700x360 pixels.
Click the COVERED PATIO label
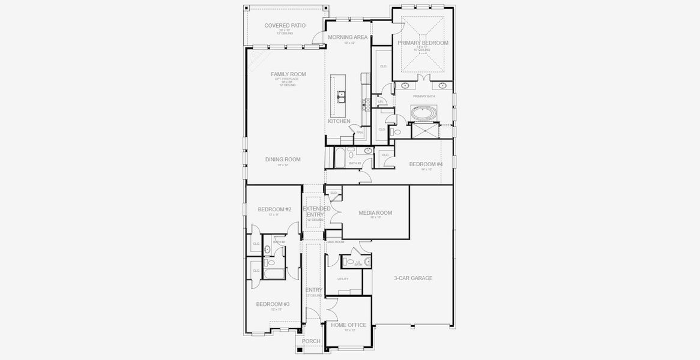285,26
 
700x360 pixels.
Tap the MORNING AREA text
348,37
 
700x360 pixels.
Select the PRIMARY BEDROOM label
423,43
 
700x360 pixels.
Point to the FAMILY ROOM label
288,74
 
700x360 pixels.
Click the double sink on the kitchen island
341,95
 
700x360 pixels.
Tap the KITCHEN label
339,121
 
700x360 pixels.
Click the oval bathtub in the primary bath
423,112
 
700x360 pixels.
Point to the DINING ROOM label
283,160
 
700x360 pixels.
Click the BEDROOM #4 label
426,164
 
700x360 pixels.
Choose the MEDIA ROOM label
375,213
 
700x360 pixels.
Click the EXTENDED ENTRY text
313,211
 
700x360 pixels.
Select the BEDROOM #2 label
274,209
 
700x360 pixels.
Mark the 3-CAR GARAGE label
413,278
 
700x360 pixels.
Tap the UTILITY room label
343,279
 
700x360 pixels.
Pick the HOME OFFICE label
348,325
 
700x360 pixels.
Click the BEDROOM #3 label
273,304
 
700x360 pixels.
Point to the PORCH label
311,341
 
